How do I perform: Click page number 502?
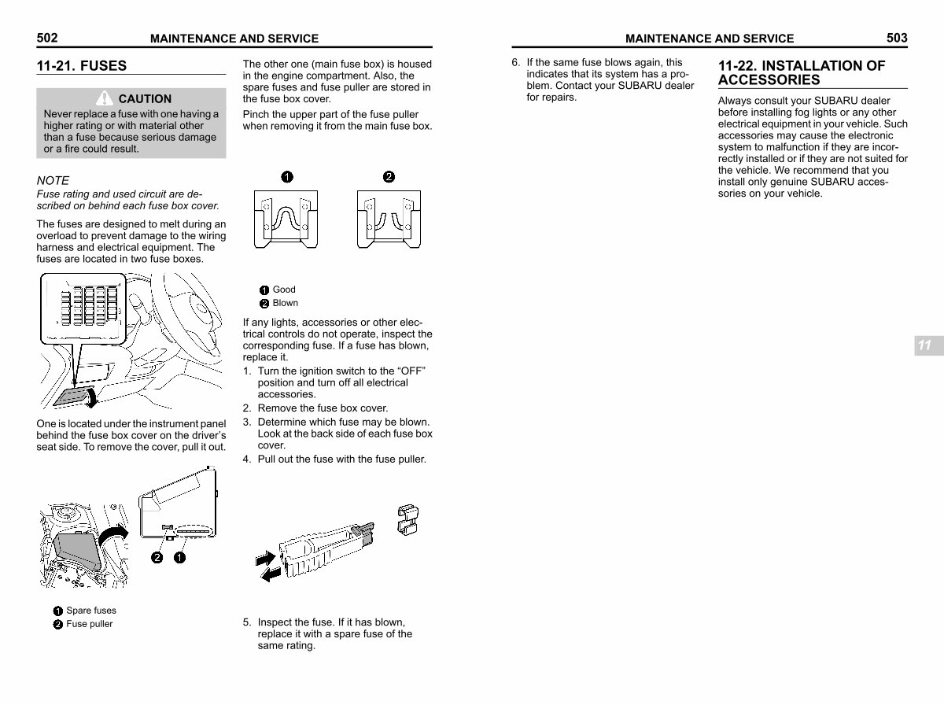click(x=47, y=38)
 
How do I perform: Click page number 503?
click(x=897, y=38)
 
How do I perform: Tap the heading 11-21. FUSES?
click(x=82, y=66)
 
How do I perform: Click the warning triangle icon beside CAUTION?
click(x=104, y=98)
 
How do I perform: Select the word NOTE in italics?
click(x=53, y=180)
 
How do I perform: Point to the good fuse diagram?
click(x=286, y=219)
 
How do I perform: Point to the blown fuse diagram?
click(x=389, y=219)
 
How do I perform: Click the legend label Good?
click(x=284, y=290)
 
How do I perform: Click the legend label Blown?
click(x=285, y=303)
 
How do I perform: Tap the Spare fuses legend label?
click(x=91, y=611)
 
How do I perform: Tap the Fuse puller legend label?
click(x=90, y=624)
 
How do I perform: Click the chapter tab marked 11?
click(x=928, y=345)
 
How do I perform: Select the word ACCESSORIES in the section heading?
click(x=769, y=80)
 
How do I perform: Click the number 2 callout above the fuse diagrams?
click(x=389, y=177)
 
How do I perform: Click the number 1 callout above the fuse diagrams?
click(x=287, y=177)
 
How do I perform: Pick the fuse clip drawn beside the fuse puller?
click(x=407, y=519)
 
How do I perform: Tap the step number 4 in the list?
click(x=246, y=460)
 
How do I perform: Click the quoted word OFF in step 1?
click(x=411, y=371)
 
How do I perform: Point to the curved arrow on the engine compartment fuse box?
click(x=113, y=535)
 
